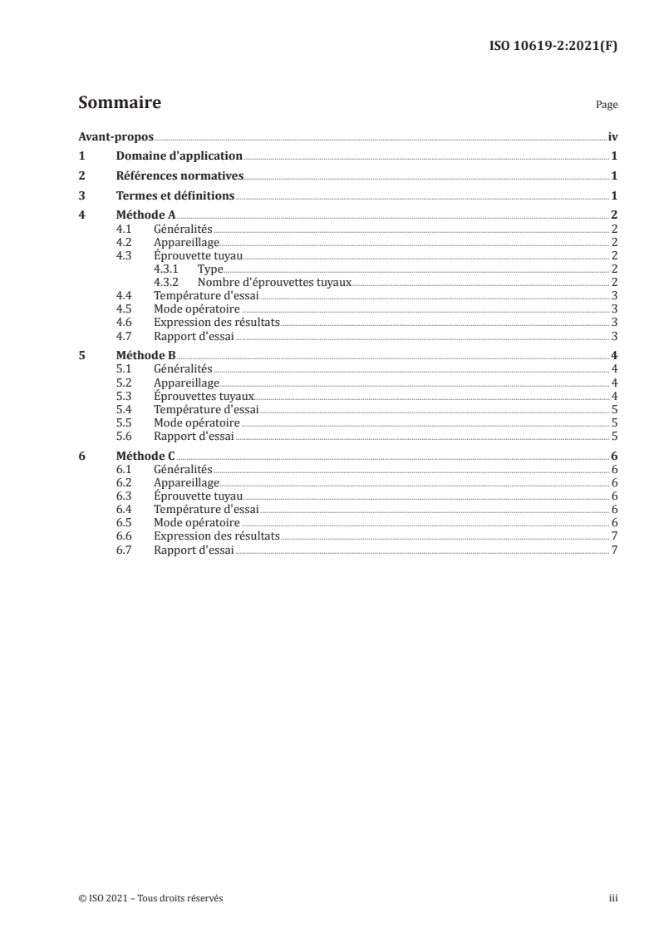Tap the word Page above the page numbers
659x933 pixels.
606,106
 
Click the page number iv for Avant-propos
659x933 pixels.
612,137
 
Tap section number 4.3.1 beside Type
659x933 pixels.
168,269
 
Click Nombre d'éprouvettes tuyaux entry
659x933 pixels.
274,282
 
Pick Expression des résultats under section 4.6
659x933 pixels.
217,322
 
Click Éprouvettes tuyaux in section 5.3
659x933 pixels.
204,397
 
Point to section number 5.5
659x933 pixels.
125,422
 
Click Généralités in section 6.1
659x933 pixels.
183,469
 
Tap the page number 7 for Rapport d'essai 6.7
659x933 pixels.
613,550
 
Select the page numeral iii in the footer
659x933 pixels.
612,898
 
